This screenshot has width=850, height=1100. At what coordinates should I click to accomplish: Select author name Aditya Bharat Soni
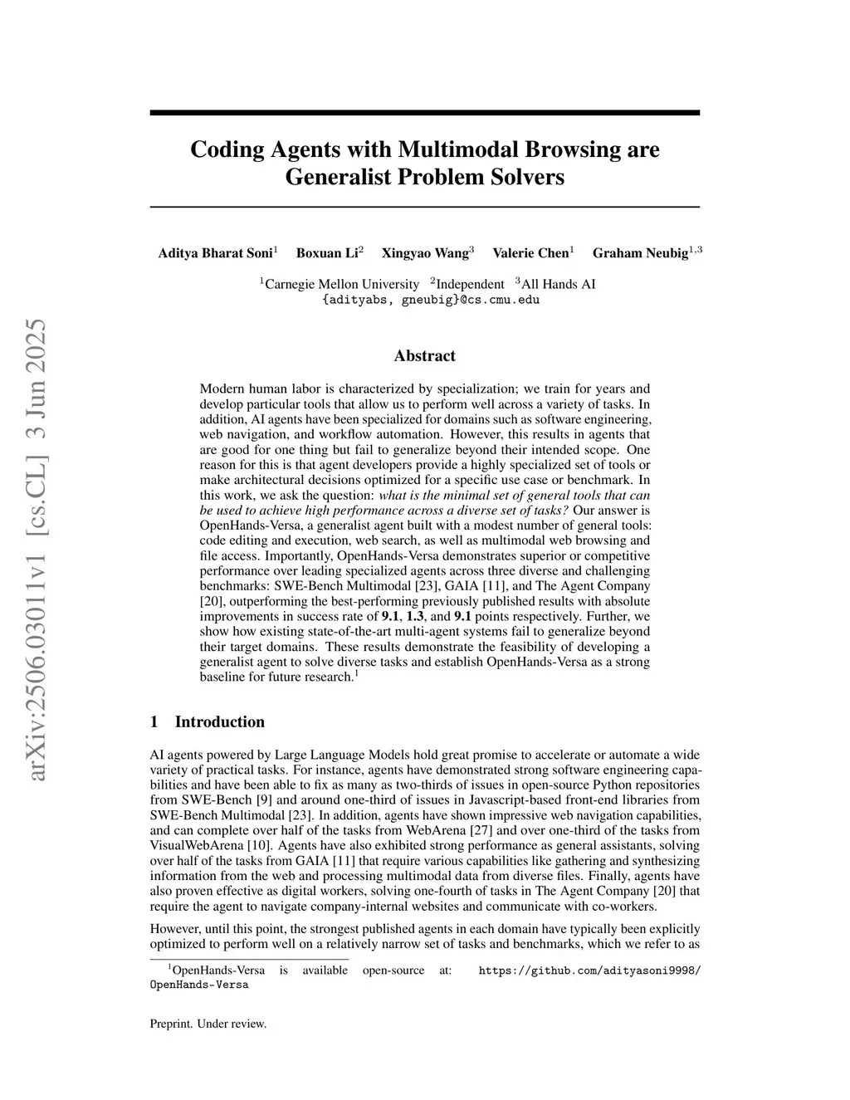215,253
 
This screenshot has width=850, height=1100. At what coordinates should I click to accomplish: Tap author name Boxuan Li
327,253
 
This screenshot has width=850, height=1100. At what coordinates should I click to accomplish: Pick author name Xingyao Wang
425,253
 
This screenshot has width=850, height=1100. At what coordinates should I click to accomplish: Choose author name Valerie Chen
530,253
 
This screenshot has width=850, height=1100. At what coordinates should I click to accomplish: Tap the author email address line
430,300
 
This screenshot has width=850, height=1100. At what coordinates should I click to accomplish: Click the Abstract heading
424,356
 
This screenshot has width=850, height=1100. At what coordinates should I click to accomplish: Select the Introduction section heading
219,721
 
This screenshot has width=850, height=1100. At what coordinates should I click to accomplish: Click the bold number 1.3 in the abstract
418,616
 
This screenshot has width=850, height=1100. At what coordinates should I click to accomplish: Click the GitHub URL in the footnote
589,970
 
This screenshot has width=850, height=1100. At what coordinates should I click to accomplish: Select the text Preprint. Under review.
208,1024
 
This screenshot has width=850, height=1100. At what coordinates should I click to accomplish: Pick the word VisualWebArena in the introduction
190,846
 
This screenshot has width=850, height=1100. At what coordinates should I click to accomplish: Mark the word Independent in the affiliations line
470,284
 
